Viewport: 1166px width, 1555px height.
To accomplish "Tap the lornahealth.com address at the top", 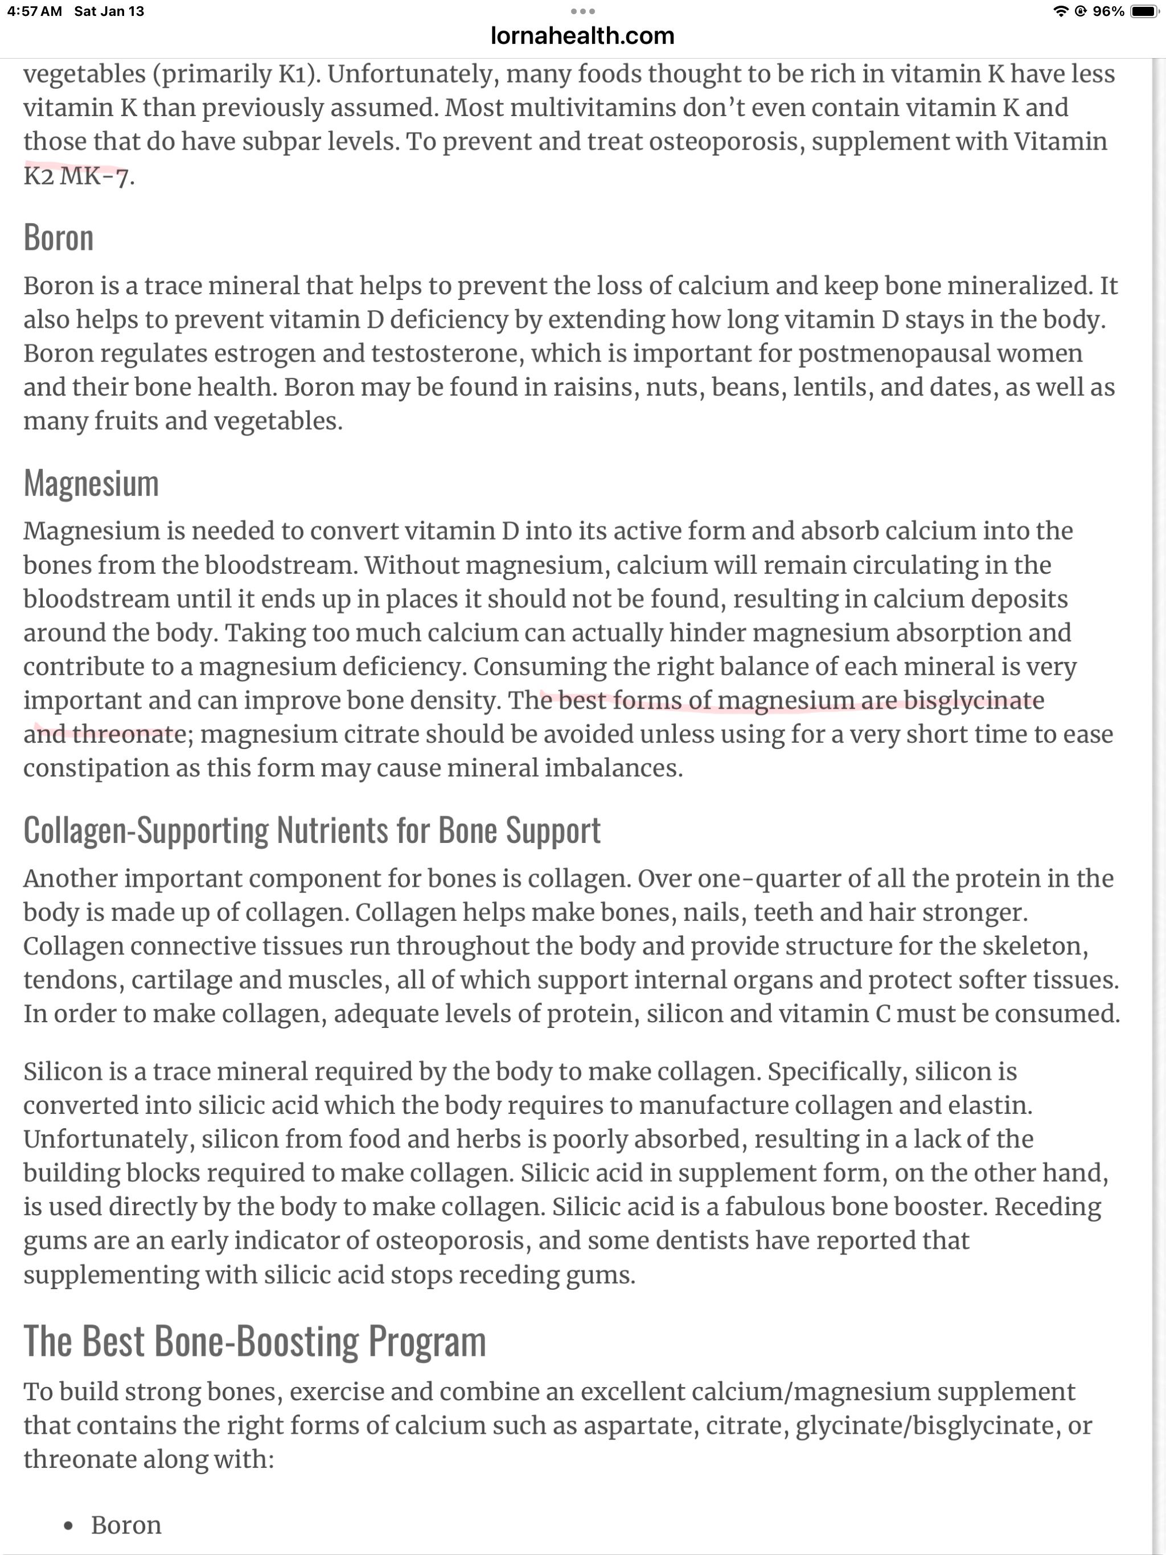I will coord(582,36).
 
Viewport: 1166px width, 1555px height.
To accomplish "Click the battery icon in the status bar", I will coord(1144,11).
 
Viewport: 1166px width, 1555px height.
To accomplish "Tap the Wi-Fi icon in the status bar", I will coord(1061,11).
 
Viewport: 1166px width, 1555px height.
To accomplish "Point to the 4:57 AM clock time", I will coord(35,11).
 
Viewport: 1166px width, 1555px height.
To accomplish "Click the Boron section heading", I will coord(59,237).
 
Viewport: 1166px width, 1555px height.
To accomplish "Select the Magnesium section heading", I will coord(92,484).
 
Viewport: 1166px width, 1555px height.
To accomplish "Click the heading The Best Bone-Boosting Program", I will coord(254,1342).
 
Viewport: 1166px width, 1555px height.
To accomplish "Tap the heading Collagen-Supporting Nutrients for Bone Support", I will coord(311,830).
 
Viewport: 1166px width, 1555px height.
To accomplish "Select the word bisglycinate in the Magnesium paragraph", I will coord(974,700).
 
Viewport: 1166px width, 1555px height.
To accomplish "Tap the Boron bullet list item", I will coord(126,1525).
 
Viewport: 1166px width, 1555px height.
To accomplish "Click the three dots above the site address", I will coord(582,11).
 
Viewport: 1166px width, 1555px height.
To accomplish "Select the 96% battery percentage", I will coord(1108,11).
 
